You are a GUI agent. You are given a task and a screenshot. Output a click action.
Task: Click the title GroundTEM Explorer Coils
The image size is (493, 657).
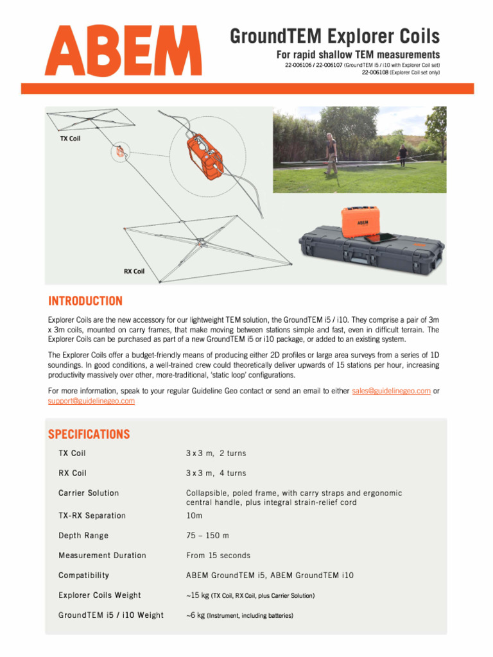(334, 36)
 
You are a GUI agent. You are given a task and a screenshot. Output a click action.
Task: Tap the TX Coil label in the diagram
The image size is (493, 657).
(70, 138)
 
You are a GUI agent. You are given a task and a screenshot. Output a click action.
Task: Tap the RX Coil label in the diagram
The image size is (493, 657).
(134, 271)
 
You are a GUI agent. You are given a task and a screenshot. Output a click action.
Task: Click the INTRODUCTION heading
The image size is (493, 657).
(85, 301)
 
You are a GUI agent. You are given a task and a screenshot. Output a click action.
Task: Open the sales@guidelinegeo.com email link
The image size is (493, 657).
(391, 391)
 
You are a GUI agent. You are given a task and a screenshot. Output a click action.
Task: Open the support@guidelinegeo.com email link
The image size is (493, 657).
(91, 400)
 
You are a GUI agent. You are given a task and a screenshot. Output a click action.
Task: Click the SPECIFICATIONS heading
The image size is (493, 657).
(89, 434)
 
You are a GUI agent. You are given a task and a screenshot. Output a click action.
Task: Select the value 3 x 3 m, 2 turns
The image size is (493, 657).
(216, 453)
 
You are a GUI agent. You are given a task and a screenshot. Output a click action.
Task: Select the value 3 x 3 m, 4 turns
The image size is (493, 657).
(216, 473)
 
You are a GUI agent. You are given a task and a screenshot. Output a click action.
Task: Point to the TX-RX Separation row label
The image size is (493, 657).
(92, 515)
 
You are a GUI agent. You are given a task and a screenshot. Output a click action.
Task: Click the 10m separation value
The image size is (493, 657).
(194, 515)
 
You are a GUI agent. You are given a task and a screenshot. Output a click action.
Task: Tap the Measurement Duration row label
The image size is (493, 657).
(102, 555)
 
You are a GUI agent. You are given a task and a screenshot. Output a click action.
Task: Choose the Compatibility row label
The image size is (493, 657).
(83, 575)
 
